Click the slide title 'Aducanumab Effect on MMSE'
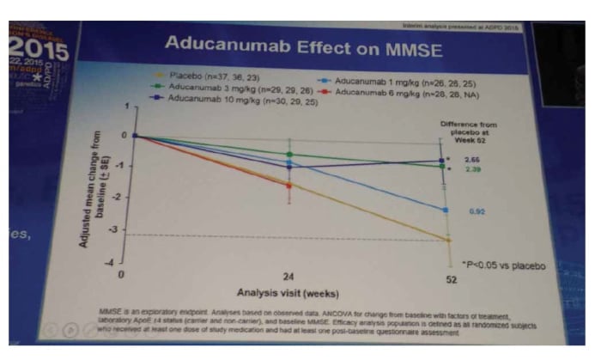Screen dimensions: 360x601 [x=303, y=45]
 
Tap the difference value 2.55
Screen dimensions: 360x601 [x=472, y=160]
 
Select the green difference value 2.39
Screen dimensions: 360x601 [x=472, y=170]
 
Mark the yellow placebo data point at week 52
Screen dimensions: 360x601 [x=447, y=240]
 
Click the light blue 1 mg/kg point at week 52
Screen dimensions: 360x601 [x=445, y=210]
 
